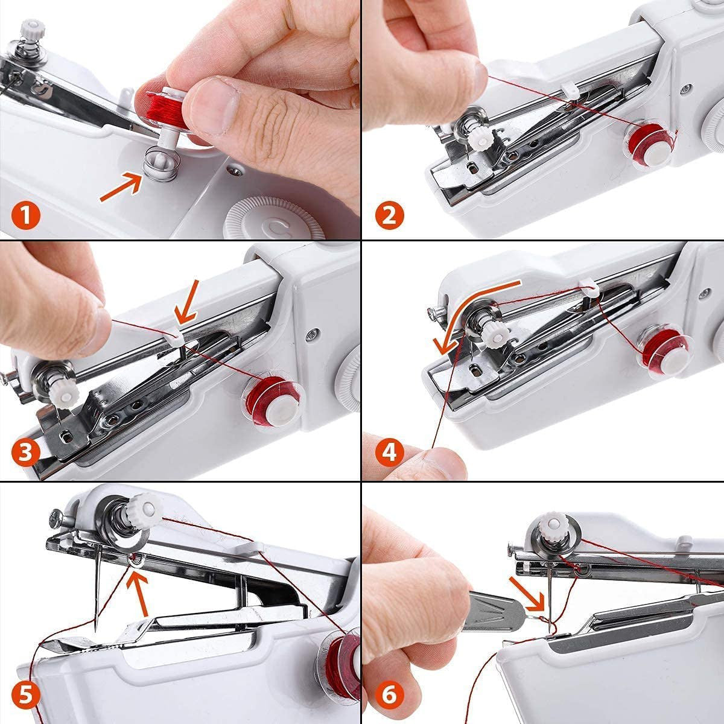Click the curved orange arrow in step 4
tap(471, 308)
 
